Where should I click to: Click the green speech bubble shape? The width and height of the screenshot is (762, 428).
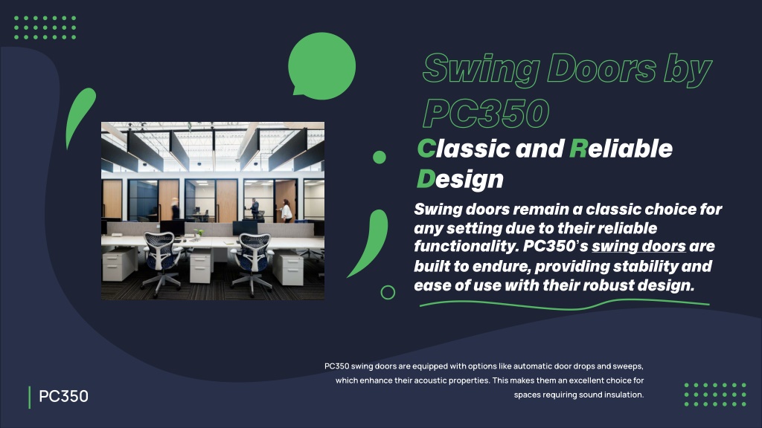pyautogui.click(x=321, y=66)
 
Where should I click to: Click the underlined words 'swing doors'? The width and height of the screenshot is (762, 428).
pyautogui.click(x=638, y=247)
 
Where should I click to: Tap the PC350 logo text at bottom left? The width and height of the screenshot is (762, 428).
pyautogui.click(x=64, y=396)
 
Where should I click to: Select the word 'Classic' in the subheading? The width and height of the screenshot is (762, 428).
pyautogui.click(x=464, y=149)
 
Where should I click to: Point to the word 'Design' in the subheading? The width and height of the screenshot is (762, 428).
pyautogui.click(x=460, y=179)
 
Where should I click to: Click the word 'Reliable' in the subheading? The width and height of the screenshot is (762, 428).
pyautogui.click(x=621, y=149)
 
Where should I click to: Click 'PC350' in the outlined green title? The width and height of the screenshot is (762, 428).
pyautogui.click(x=486, y=113)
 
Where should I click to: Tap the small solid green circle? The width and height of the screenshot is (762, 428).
pyautogui.click(x=379, y=158)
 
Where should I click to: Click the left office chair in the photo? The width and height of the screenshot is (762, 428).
pyautogui.click(x=161, y=263)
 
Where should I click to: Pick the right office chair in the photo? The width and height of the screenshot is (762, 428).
pyautogui.click(x=252, y=263)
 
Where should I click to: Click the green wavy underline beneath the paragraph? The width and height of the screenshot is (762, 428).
pyautogui.click(x=564, y=305)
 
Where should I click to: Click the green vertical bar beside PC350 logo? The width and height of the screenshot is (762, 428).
pyautogui.click(x=30, y=398)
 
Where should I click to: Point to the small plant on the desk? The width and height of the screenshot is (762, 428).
pyautogui.click(x=198, y=233)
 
